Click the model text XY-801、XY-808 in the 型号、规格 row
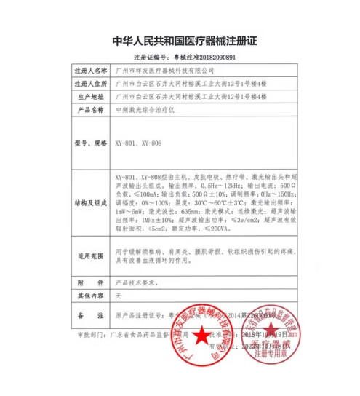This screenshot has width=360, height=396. [x=138, y=143]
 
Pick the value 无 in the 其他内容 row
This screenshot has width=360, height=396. [x=119, y=296]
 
